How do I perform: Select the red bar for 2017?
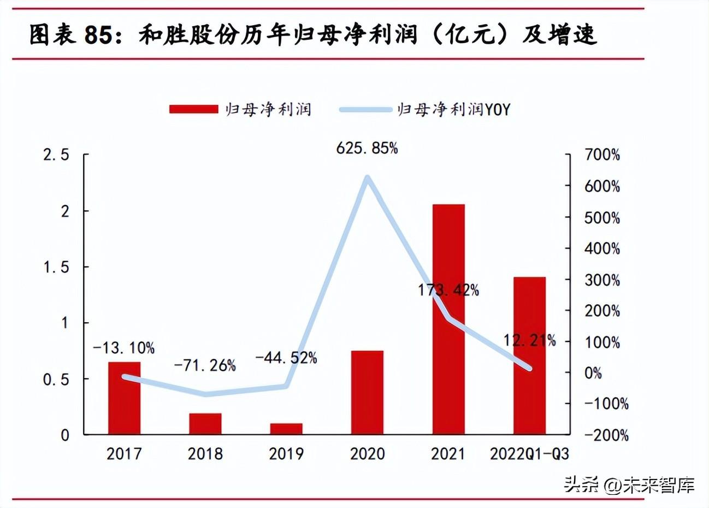[124, 398]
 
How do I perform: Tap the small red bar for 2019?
[286, 429]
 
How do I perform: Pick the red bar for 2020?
[367, 392]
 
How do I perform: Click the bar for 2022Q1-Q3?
[529, 355]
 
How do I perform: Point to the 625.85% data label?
[367, 148]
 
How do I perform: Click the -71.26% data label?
[205, 365]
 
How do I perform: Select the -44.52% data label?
[286, 358]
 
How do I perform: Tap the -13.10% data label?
[124, 347]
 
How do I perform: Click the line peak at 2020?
[367, 178]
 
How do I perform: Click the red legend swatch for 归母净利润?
[193, 109]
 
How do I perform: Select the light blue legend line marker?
[365, 109]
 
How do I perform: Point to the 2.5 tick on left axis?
[56, 155]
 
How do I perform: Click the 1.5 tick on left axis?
[56, 267]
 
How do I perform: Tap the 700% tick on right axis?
[602, 155]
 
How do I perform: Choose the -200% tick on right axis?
[606, 435]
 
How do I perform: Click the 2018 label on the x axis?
[205, 453]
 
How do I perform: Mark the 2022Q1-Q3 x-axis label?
[529, 453]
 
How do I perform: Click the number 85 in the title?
[99, 35]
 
